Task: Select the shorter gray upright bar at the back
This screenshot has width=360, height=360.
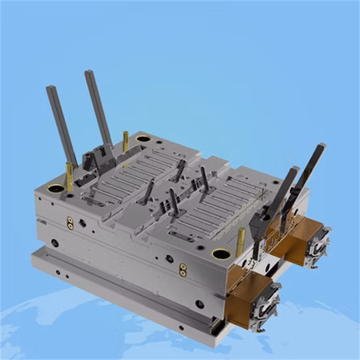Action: point(62,124)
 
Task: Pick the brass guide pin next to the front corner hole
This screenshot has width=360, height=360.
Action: point(240,239)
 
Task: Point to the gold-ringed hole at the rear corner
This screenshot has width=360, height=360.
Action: point(143,139)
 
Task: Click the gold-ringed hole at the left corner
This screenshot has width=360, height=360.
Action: point(56,189)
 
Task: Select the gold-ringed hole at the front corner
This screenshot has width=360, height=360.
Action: point(221,254)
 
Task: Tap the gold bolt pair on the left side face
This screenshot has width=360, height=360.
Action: point(70,223)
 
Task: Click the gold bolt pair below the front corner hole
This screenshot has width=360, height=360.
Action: point(183,270)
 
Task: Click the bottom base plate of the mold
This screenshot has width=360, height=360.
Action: point(124,295)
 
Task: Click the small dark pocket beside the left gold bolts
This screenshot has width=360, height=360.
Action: point(82,223)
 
